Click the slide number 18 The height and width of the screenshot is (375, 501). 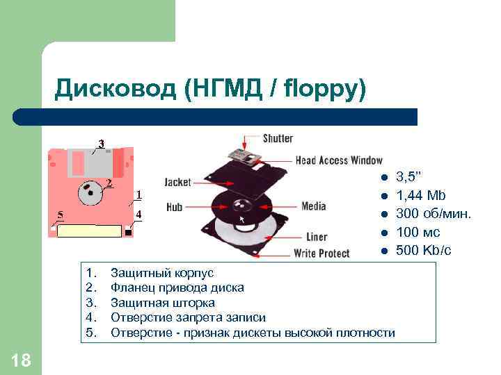tap(22, 360)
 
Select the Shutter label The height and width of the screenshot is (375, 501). tap(278, 138)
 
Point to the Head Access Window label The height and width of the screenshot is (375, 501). tap(339, 160)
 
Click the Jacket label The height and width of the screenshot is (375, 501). tap(177, 183)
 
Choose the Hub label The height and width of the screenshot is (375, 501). tap(175, 207)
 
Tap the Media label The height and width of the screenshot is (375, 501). tap(314, 206)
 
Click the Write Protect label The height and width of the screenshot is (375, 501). tap(321, 253)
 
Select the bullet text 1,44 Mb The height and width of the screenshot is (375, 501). tap(421, 196)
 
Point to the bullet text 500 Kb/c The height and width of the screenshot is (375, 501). tap(423, 250)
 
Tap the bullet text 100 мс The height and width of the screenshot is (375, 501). tap(417, 232)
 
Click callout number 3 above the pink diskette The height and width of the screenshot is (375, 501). tap(101, 144)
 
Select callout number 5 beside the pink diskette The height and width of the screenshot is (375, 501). tap(61, 214)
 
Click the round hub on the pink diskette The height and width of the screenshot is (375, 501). tap(88, 192)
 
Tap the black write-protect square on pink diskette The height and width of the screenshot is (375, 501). tap(129, 232)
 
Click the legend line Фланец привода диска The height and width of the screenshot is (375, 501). tap(177, 288)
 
